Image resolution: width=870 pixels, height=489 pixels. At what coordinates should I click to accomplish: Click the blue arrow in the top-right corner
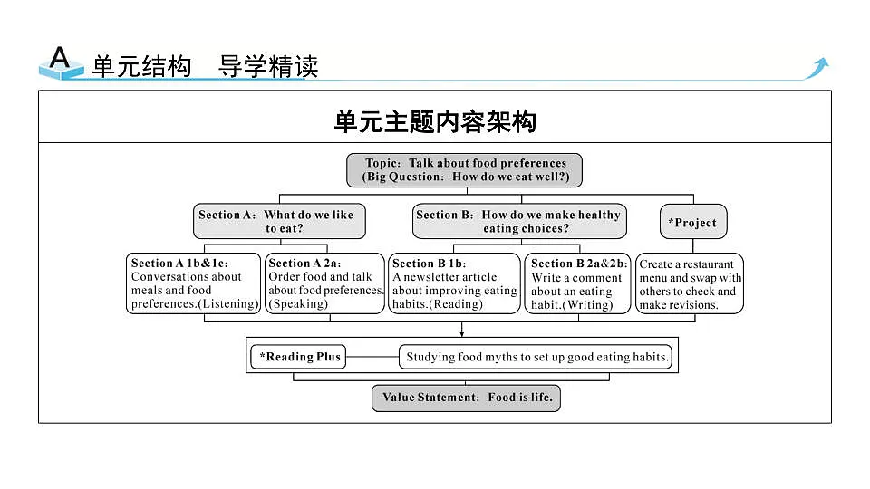(817, 68)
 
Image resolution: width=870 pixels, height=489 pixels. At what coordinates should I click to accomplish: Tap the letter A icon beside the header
(61, 62)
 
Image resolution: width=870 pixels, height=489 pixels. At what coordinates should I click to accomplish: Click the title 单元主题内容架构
(435, 121)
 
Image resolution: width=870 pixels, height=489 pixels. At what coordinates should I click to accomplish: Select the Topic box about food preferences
(464, 170)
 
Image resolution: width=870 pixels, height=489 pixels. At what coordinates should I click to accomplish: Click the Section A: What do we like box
(279, 221)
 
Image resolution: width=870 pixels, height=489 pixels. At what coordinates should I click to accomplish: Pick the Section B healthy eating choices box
(519, 221)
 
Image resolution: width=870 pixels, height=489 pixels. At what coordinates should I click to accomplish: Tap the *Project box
(693, 222)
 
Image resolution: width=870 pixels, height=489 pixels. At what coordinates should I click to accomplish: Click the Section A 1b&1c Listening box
(194, 283)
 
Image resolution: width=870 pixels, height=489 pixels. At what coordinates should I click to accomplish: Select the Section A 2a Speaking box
(324, 283)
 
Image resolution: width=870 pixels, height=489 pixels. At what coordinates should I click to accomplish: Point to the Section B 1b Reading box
(454, 283)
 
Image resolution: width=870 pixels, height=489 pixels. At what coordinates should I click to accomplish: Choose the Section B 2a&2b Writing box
(577, 283)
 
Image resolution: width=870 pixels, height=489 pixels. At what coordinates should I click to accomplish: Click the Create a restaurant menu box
(689, 283)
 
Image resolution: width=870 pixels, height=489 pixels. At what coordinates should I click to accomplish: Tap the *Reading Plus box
(298, 357)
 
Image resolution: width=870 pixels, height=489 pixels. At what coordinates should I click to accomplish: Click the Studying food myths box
(536, 357)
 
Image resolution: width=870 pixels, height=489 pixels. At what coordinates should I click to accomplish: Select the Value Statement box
(466, 398)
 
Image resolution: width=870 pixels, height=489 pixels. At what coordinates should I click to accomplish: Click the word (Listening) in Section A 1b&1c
(228, 304)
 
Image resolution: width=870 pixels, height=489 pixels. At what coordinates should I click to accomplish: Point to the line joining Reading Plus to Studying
(372, 357)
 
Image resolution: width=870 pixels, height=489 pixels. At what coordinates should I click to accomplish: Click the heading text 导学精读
(268, 66)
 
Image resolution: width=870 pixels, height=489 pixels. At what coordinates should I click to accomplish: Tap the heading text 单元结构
(142, 66)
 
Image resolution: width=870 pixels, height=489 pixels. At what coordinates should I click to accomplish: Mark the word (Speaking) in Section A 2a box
(298, 304)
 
